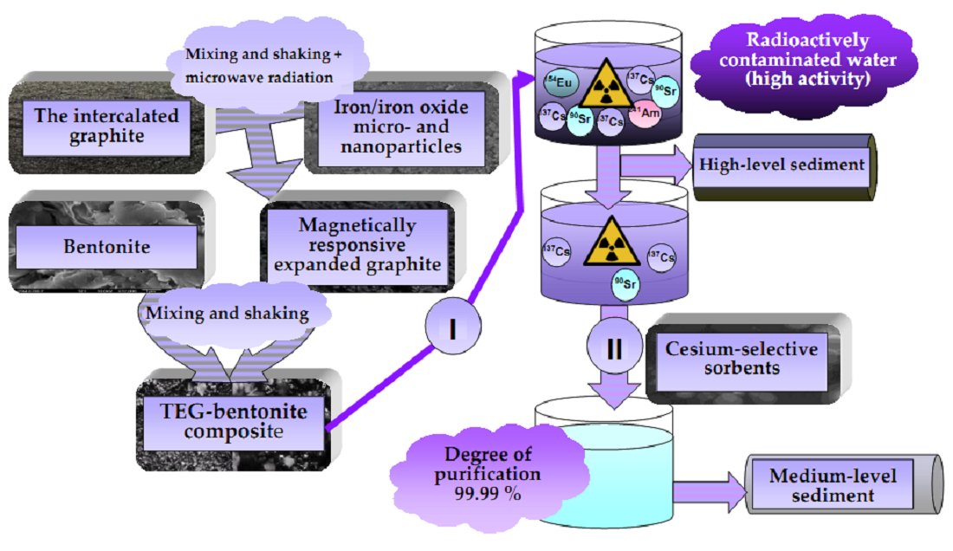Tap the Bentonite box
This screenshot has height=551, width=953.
(107, 246)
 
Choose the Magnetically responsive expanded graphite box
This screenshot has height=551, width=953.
(357, 245)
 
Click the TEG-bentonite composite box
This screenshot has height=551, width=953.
(230, 418)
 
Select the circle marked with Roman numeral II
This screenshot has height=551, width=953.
(613, 347)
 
